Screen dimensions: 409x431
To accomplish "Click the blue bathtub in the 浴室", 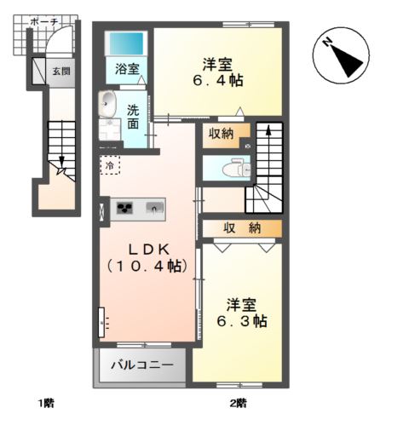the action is (126, 43).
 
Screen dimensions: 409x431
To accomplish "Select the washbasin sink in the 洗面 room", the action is (107, 104).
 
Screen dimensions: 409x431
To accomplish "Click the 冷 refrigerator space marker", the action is (110, 165).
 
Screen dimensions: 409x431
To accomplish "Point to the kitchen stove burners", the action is (125, 208).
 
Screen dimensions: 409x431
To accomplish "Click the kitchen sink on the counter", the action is (154, 208).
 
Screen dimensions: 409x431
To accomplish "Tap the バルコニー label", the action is (142, 365).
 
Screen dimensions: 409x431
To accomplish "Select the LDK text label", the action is (149, 250).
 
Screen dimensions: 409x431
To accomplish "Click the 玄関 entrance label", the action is (61, 71).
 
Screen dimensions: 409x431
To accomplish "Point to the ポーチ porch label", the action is (43, 22).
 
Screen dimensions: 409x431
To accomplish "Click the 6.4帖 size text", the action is (218, 81).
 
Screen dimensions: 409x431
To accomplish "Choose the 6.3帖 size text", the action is (242, 321).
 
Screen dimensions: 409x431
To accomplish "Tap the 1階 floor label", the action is (46, 403).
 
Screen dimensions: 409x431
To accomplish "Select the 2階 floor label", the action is (238, 403).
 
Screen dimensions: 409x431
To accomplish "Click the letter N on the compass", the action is (327, 43).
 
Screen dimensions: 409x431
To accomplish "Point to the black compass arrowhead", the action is (348, 61).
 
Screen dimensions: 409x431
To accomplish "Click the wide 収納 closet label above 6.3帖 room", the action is (242, 227).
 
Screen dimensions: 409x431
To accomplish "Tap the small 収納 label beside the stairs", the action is (221, 134).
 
